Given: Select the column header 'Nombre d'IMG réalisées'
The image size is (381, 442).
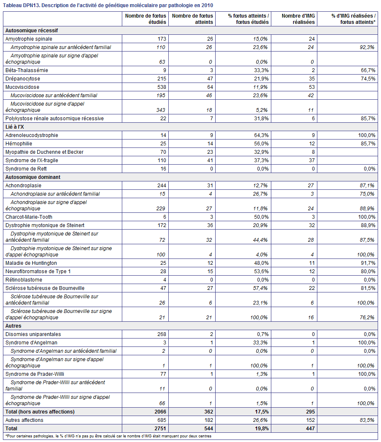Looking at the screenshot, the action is click(x=298, y=19).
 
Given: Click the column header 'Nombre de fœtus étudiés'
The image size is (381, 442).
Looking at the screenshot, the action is click(x=146, y=19).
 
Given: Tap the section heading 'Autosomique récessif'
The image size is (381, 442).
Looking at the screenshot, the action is click(x=31, y=31).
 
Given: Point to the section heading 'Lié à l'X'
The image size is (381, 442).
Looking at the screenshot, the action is click(x=15, y=127).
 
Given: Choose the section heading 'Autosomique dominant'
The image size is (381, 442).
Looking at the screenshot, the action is click(x=33, y=177).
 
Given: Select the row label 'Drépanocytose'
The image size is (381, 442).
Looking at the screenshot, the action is click(x=23, y=79).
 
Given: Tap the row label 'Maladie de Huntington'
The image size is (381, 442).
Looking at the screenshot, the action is click(x=31, y=263).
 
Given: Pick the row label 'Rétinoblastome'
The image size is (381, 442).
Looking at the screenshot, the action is click(x=24, y=279).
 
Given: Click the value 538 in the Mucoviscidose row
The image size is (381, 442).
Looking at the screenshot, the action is click(x=162, y=87).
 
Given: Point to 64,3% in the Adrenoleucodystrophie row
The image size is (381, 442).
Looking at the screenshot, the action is click(x=261, y=135).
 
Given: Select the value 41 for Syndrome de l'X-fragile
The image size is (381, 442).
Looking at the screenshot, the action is click(x=210, y=160).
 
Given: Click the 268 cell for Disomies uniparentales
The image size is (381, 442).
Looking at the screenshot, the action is click(x=162, y=334).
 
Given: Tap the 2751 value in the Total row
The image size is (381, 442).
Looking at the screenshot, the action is click(x=160, y=429).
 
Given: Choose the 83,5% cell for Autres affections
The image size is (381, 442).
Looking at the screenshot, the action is click(x=367, y=420).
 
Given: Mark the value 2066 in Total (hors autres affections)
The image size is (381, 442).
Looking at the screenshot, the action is click(x=160, y=412).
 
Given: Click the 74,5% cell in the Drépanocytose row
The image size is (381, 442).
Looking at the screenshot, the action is click(x=368, y=79).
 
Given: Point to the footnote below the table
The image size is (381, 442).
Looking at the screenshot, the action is click(x=108, y=436).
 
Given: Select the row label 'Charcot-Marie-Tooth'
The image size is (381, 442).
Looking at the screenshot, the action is click(x=29, y=217).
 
